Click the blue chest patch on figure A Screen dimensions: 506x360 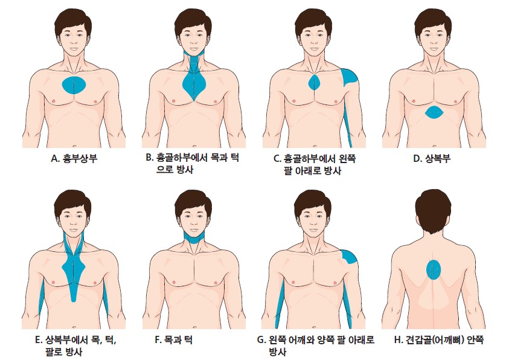[74, 85]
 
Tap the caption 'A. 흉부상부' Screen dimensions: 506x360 [74, 158]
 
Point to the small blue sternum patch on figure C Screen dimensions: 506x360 [314, 82]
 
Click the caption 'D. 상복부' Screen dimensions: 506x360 [432, 158]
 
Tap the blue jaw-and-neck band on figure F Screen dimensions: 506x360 [194, 237]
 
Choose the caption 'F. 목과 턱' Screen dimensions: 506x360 [174, 339]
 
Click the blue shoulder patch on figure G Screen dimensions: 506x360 [349, 257]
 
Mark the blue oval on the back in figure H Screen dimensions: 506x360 [434, 269]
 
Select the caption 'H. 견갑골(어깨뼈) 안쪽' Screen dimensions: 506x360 [439, 339]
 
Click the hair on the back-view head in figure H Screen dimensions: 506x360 [433, 210]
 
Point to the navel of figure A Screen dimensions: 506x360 [74, 146]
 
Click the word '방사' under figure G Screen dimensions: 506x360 [277, 352]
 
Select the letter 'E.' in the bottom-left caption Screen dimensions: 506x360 [39, 340]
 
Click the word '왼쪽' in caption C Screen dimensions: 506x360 [347, 158]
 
